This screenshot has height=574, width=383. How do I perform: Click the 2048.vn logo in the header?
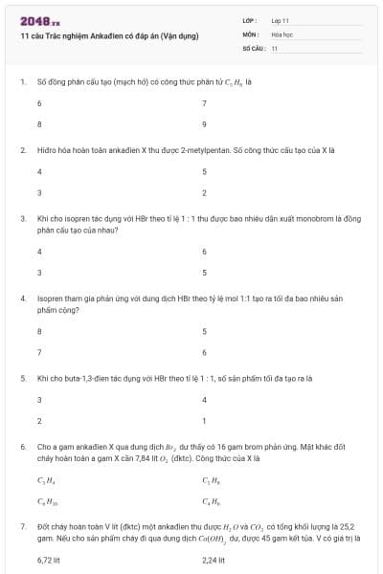click(x=39, y=20)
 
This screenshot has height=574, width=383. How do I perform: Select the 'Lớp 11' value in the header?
click(x=281, y=20)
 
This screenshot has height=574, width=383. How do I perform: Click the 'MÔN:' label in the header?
click(x=251, y=33)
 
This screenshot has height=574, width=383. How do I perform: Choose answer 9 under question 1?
click(x=204, y=124)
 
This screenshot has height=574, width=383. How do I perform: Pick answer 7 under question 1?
click(x=204, y=102)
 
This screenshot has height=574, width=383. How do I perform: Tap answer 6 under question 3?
click(x=204, y=251)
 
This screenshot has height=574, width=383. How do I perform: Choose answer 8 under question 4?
click(x=39, y=331)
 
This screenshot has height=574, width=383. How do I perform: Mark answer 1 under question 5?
click(x=204, y=421)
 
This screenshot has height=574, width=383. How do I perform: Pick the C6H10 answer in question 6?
click(x=46, y=501)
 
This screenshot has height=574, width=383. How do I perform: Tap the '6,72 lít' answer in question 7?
click(x=48, y=560)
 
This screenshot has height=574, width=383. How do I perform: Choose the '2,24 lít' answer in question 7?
click(x=214, y=560)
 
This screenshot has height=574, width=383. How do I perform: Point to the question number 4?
click(x=23, y=298)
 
